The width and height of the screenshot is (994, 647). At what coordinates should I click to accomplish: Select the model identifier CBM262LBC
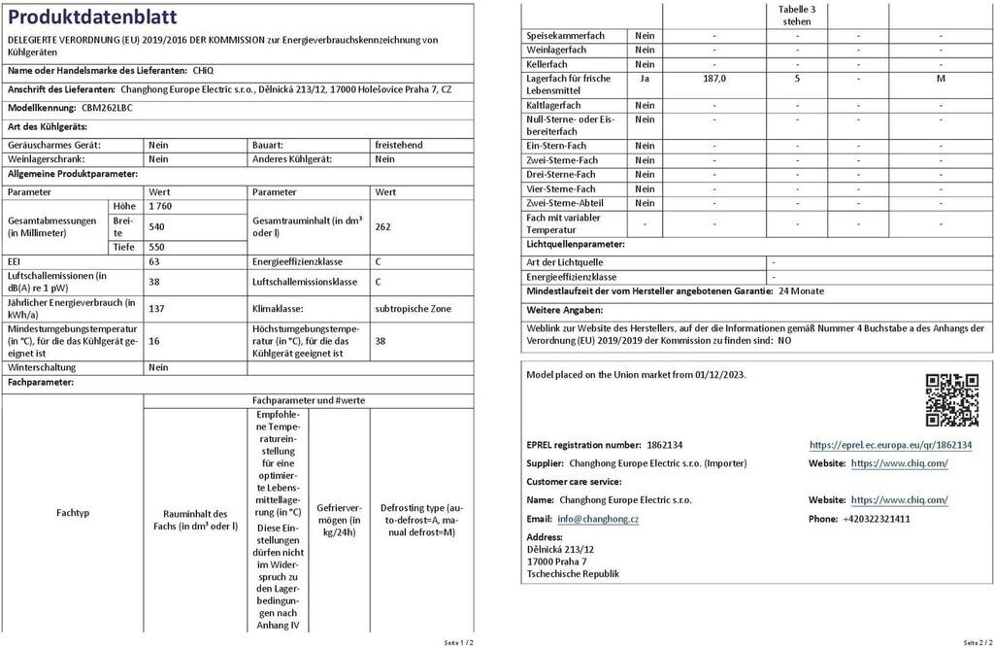[x=107, y=108]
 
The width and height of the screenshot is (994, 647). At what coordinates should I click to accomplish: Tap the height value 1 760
[x=159, y=207]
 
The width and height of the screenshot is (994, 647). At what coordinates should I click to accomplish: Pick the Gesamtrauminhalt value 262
[x=382, y=226]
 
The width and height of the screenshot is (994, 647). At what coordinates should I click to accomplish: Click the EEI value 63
[x=154, y=261]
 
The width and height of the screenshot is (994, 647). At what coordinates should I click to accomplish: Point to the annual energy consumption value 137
[x=156, y=308]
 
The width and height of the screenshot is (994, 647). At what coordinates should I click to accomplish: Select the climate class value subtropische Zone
[x=413, y=308]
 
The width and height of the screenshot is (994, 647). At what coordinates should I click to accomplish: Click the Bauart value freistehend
[x=398, y=145]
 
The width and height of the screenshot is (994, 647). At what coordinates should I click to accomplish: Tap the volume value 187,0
[x=714, y=79]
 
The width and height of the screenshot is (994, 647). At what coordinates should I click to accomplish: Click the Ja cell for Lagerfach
[x=645, y=79]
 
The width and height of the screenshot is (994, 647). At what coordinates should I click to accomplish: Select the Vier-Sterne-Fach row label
[x=560, y=188]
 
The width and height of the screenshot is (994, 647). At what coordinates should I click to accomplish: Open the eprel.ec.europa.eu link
[x=890, y=444]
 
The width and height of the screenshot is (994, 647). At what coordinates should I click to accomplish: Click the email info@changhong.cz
[x=598, y=519]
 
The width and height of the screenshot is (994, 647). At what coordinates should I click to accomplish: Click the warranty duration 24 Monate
[x=801, y=290]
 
